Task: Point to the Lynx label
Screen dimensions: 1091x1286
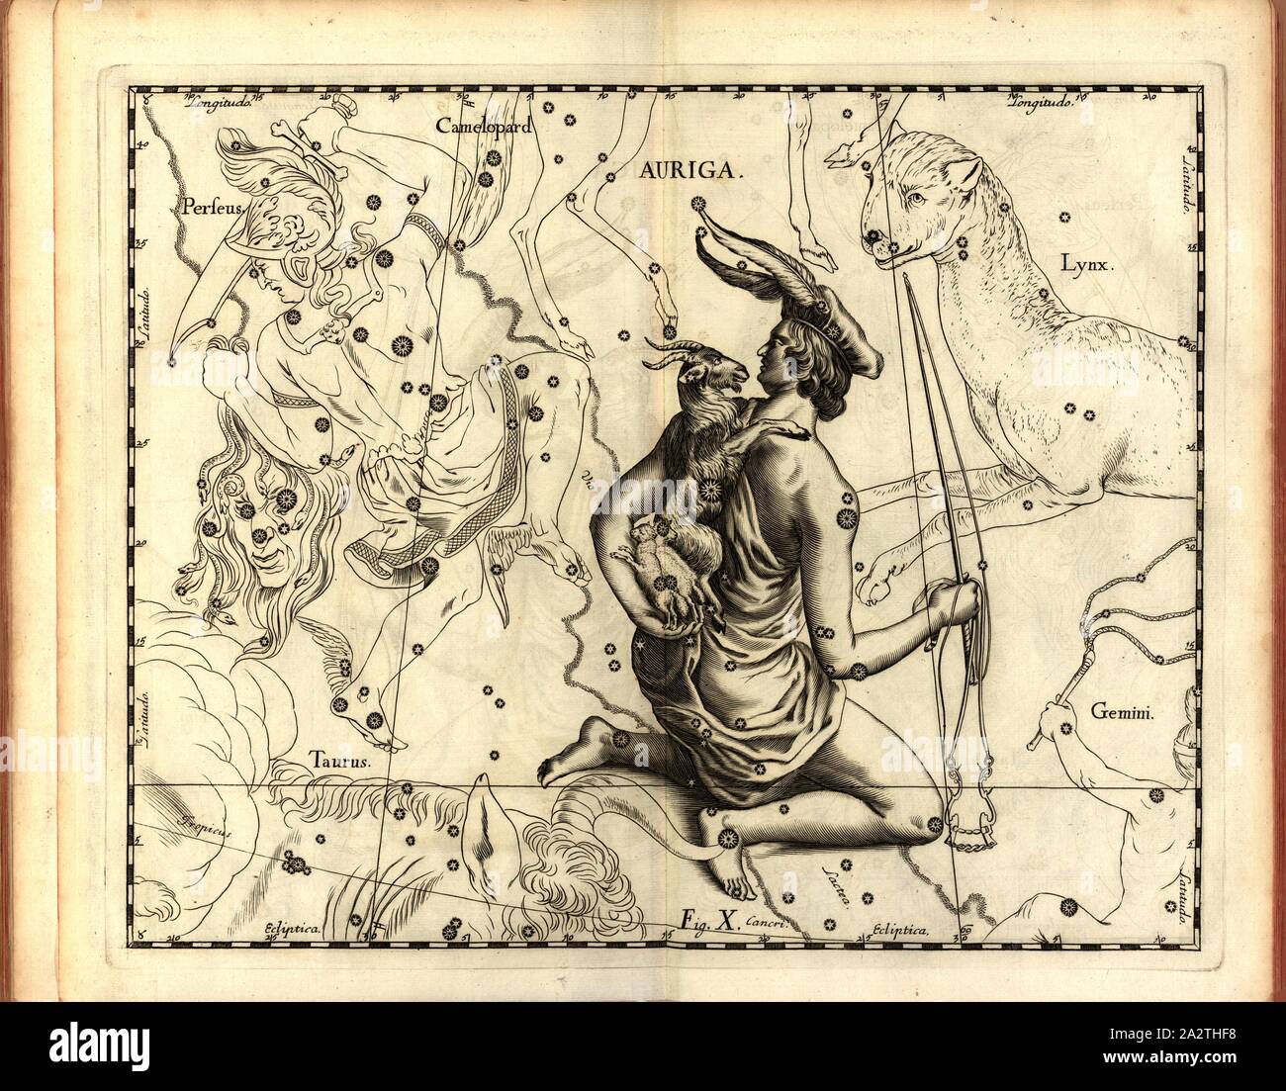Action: (1087, 264)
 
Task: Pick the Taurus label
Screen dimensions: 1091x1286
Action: (338, 762)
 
